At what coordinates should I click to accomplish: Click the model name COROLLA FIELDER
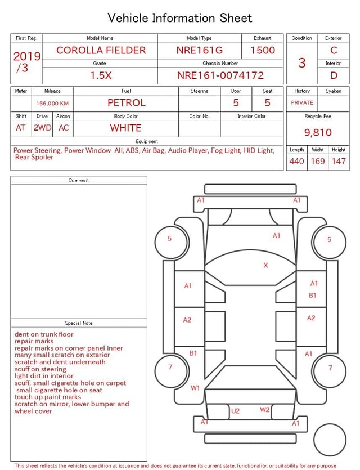101,50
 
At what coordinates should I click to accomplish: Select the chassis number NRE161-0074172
220,75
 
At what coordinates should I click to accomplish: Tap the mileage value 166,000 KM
52,104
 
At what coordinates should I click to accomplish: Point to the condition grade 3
302,63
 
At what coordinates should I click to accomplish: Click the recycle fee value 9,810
318,132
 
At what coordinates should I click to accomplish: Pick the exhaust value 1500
263,50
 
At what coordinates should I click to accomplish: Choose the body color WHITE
125,128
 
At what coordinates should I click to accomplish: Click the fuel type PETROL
127,103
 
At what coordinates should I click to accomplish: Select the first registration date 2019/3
26,62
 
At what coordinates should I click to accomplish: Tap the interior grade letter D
334,75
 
